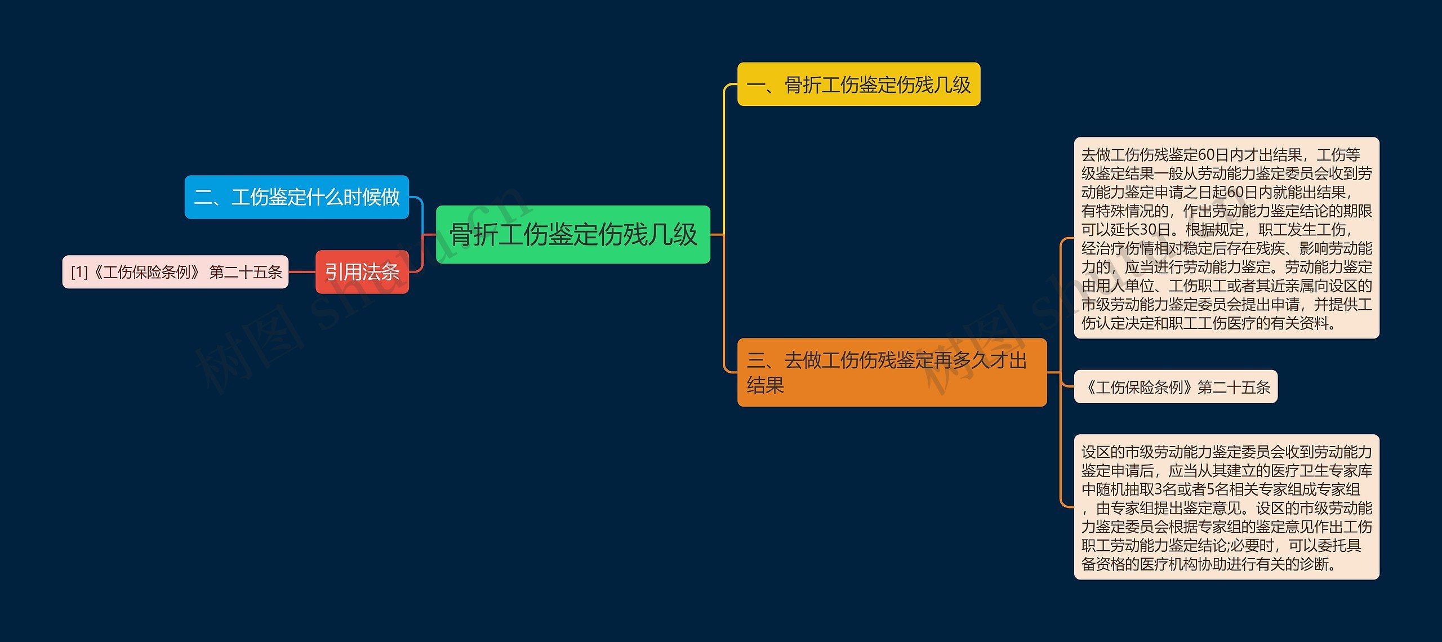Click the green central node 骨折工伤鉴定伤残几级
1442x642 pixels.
point(573,234)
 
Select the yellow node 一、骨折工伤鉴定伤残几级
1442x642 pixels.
point(858,84)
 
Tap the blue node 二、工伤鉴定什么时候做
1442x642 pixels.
point(296,197)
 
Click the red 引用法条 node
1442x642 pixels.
point(362,272)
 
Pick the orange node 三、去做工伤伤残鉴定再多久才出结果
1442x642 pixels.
point(891,372)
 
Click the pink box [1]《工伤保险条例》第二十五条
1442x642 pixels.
point(175,272)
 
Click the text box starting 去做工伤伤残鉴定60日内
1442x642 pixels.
point(1226,238)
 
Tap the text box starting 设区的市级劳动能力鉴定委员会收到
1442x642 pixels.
point(1226,507)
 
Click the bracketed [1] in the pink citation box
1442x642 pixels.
point(79,273)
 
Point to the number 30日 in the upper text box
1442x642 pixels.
point(1155,230)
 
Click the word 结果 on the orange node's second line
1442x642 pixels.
point(765,385)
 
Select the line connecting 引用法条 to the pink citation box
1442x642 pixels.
point(302,272)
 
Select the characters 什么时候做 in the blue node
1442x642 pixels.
point(353,197)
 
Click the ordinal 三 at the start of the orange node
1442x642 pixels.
point(755,360)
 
